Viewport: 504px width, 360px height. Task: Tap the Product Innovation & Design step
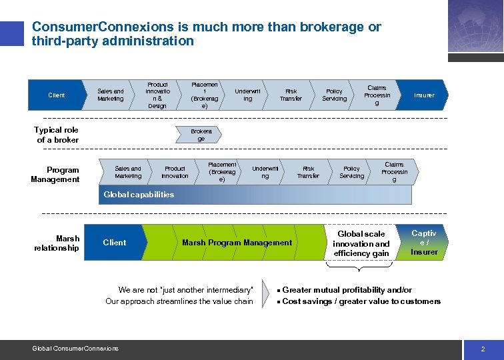157,95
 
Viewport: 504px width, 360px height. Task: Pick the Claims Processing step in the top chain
377,95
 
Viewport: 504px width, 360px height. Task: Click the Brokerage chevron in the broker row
201,135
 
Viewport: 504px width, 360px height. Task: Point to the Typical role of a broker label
57,135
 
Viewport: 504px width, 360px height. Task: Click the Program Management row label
55,175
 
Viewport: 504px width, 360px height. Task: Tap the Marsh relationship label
57,243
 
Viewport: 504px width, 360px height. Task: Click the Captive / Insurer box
424,243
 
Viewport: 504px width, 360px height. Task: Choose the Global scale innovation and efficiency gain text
361,243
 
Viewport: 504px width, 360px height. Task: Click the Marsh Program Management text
237,243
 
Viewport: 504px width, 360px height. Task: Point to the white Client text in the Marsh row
114,243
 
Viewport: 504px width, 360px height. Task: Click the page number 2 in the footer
483,349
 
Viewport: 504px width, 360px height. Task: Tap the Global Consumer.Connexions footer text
75,349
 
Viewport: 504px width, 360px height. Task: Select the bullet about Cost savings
361,301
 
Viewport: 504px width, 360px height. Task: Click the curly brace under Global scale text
361,265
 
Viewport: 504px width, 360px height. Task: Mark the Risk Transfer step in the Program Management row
308,173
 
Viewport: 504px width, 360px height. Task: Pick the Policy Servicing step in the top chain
335,95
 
